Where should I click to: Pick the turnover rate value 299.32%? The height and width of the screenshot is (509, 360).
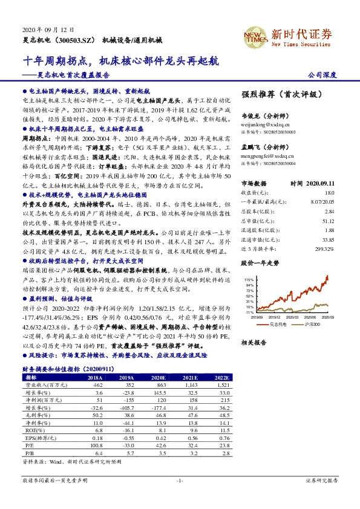324,248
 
